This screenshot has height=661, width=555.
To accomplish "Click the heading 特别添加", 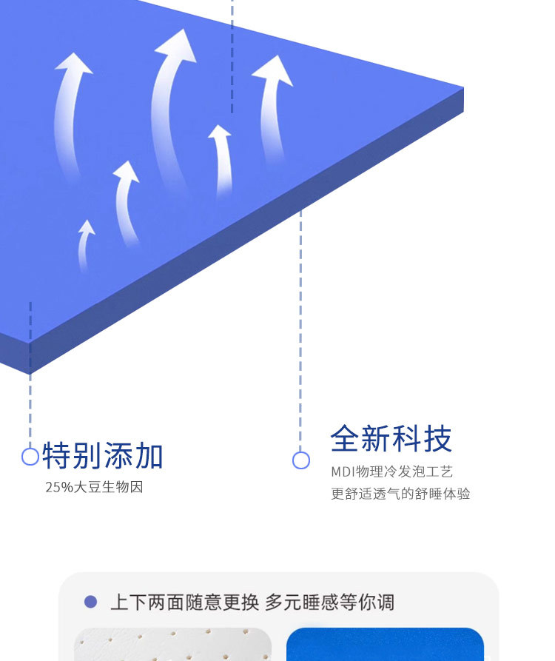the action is pos(103,456).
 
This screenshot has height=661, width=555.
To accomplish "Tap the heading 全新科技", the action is pos(391,439).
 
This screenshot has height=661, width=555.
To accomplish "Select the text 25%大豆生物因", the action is pos(94,487).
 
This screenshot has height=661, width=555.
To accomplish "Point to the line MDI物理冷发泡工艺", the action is pos(391,472).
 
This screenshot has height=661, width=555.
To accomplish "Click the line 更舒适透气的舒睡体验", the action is pos(400,494).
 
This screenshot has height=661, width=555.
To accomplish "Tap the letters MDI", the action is pos(343,472).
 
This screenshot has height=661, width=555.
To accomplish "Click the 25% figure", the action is pos(58,487).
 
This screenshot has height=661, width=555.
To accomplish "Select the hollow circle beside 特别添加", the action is pos(30,456).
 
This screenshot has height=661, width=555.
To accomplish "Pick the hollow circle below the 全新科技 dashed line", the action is pos(300,460).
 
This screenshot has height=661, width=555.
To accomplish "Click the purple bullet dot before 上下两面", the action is pos(91,602).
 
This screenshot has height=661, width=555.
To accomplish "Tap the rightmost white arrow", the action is pos(272,104).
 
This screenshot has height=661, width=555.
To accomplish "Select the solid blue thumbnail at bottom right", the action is pos(385,644).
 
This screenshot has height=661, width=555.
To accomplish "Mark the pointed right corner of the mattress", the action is pos(462,90).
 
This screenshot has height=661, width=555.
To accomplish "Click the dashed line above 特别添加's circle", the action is pos(30,370).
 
